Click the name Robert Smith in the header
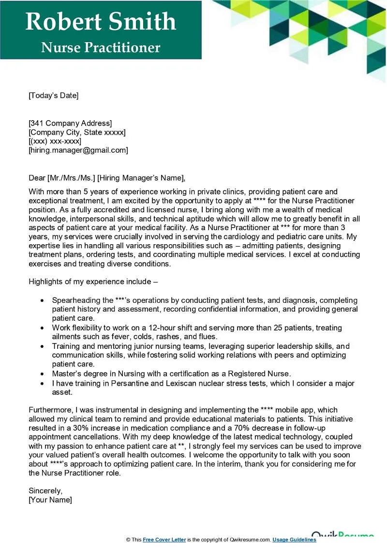click(x=101, y=22)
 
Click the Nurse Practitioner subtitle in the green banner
click(x=101, y=47)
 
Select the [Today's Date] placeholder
click(x=53, y=95)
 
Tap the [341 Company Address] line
click(x=70, y=123)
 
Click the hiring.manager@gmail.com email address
click(x=78, y=151)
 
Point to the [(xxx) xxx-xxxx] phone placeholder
click(x=55, y=141)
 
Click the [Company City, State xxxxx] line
click(x=77, y=132)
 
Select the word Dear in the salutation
click(x=37, y=178)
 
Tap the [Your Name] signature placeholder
click(x=50, y=500)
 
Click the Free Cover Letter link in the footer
click(x=164, y=540)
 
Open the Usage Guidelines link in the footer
click(x=294, y=540)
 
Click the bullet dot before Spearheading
click(x=43, y=300)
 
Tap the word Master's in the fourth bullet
click(x=67, y=374)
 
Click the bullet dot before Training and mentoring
click(x=43, y=346)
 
